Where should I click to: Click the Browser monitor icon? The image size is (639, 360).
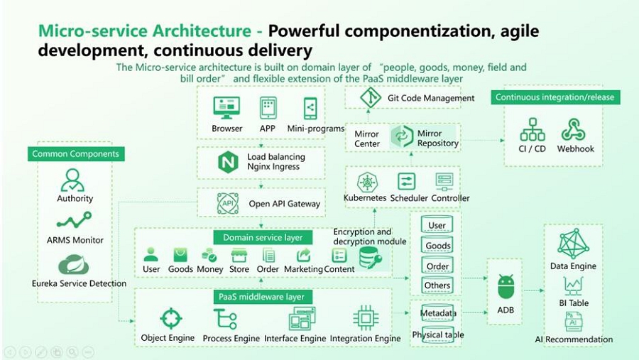[x=226, y=108]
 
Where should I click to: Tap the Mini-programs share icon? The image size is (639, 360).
[x=310, y=108]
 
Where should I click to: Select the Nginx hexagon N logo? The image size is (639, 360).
[x=228, y=163]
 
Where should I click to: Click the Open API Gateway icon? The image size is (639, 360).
[x=228, y=204]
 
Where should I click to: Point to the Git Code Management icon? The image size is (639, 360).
[x=371, y=97]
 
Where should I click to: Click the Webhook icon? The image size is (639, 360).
[x=575, y=130]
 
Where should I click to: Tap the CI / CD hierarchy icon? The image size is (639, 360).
[x=532, y=130]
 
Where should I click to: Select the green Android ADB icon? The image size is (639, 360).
[x=506, y=286]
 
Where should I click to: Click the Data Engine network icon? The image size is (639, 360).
[x=573, y=243]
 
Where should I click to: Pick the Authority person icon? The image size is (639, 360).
[x=72, y=180]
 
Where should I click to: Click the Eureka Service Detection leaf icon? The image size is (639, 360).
[x=73, y=265]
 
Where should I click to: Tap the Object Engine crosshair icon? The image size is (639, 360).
[x=170, y=317]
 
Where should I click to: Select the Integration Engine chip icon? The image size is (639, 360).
[x=366, y=317]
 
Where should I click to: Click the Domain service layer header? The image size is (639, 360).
[x=263, y=237]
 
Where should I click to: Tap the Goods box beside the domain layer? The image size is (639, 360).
[x=437, y=246]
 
